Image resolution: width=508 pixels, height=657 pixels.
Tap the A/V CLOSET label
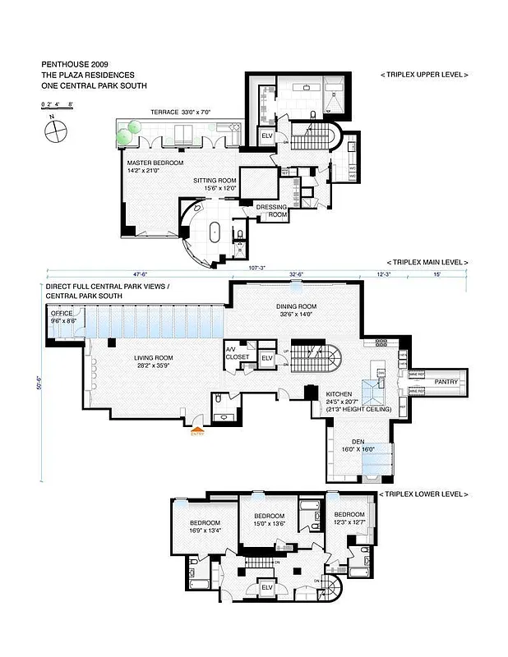coord(238,353)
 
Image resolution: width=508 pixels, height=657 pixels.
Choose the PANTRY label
coord(447,382)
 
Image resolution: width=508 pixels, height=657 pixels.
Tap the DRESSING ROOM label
coord(271,210)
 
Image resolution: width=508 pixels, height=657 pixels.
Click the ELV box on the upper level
coord(266,136)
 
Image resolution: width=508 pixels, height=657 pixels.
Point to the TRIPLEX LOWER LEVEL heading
coord(423,494)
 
